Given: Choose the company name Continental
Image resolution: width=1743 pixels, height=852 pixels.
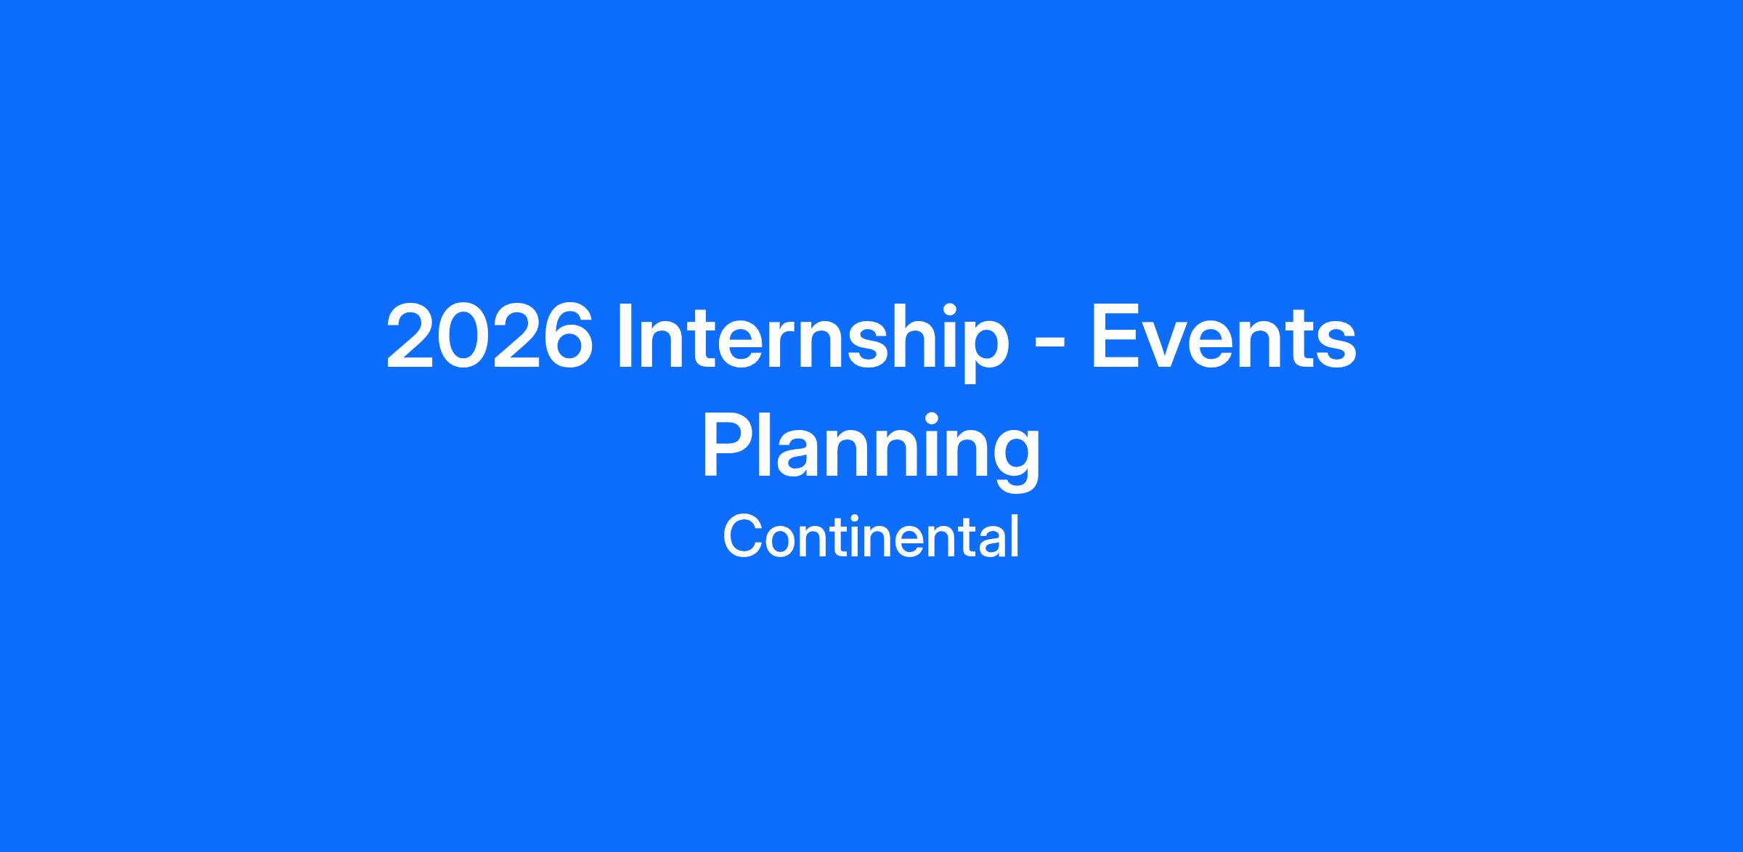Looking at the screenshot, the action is click(x=871, y=537).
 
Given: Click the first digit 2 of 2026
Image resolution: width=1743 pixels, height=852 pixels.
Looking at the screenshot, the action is click(x=411, y=336).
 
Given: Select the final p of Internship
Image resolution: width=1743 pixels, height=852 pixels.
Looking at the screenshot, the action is click(x=986, y=351).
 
